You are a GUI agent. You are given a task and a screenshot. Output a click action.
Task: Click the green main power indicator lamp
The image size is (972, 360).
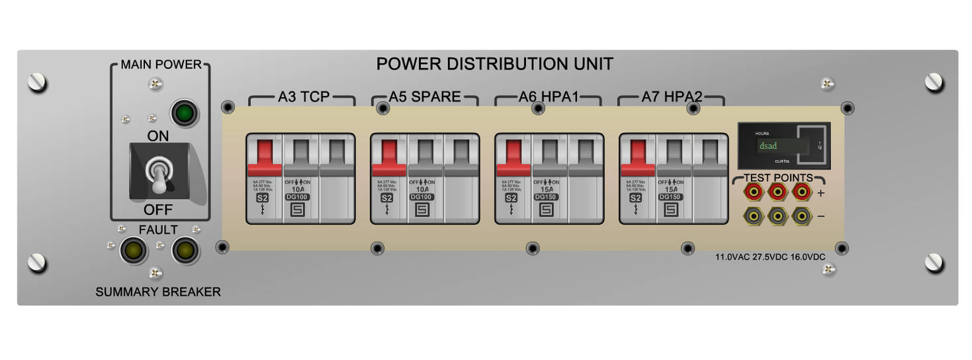pyautogui.click(x=185, y=113)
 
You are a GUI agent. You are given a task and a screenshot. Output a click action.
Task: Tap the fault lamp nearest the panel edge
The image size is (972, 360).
pyautogui.click(x=133, y=251)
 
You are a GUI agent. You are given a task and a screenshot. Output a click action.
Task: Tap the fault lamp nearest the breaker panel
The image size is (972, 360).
pyautogui.click(x=185, y=251)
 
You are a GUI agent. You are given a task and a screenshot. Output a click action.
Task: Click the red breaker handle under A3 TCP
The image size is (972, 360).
pyautogui.click(x=264, y=157)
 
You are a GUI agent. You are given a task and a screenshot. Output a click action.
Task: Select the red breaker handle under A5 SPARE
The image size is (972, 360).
pyautogui.click(x=388, y=157)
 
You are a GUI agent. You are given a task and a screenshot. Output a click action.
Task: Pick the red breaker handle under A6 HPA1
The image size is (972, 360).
pyautogui.click(x=513, y=157)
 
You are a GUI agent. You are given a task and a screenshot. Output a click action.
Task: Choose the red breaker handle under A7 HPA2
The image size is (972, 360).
pyautogui.click(x=637, y=157)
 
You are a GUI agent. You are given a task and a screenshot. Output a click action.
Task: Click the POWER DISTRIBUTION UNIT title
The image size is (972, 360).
pyautogui.click(x=494, y=64)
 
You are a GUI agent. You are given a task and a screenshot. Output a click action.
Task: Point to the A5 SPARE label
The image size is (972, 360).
pyautogui.click(x=424, y=97)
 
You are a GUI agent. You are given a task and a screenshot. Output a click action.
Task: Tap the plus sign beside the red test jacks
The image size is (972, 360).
pyautogui.click(x=821, y=193)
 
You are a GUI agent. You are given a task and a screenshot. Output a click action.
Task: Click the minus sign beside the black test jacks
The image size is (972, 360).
pyautogui.click(x=821, y=216)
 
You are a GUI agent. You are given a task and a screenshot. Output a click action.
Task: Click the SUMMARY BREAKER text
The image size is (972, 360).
pyautogui.click(x=158, y=292)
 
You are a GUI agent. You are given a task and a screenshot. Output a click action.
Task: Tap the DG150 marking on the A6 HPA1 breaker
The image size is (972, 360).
pyautogui.click(x=546, y=197)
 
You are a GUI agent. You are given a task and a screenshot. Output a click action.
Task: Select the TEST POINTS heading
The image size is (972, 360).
pyautogui.click(x=778, y=178)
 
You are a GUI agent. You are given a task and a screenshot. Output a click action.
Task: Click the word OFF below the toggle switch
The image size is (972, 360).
pyautogui.click(x=158, y=210)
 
